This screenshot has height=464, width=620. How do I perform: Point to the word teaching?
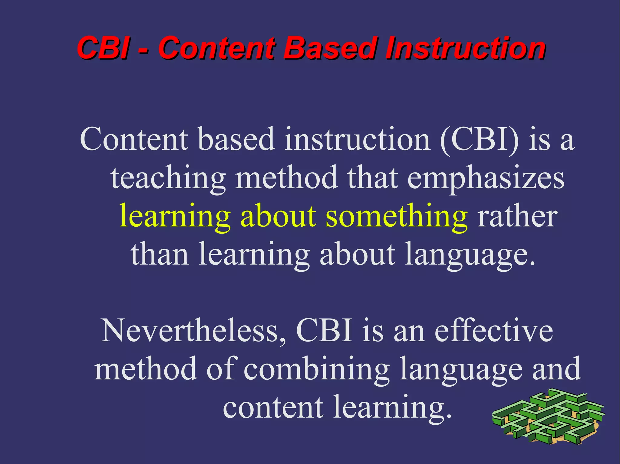(x=168, y=178)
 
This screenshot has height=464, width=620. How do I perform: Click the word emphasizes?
(x=486, y=178)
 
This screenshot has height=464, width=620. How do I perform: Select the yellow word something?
(x=397, y=216)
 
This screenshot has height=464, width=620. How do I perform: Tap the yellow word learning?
(x=175, y=216)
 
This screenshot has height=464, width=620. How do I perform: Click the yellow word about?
(x=278, y=216)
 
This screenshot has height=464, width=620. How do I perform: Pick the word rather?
(x=517, y=216)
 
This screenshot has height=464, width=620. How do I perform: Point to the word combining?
(x=316, y=369)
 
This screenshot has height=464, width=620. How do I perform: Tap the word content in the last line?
(x=273, y=407)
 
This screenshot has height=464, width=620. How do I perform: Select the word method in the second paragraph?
(x=146, y=369)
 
